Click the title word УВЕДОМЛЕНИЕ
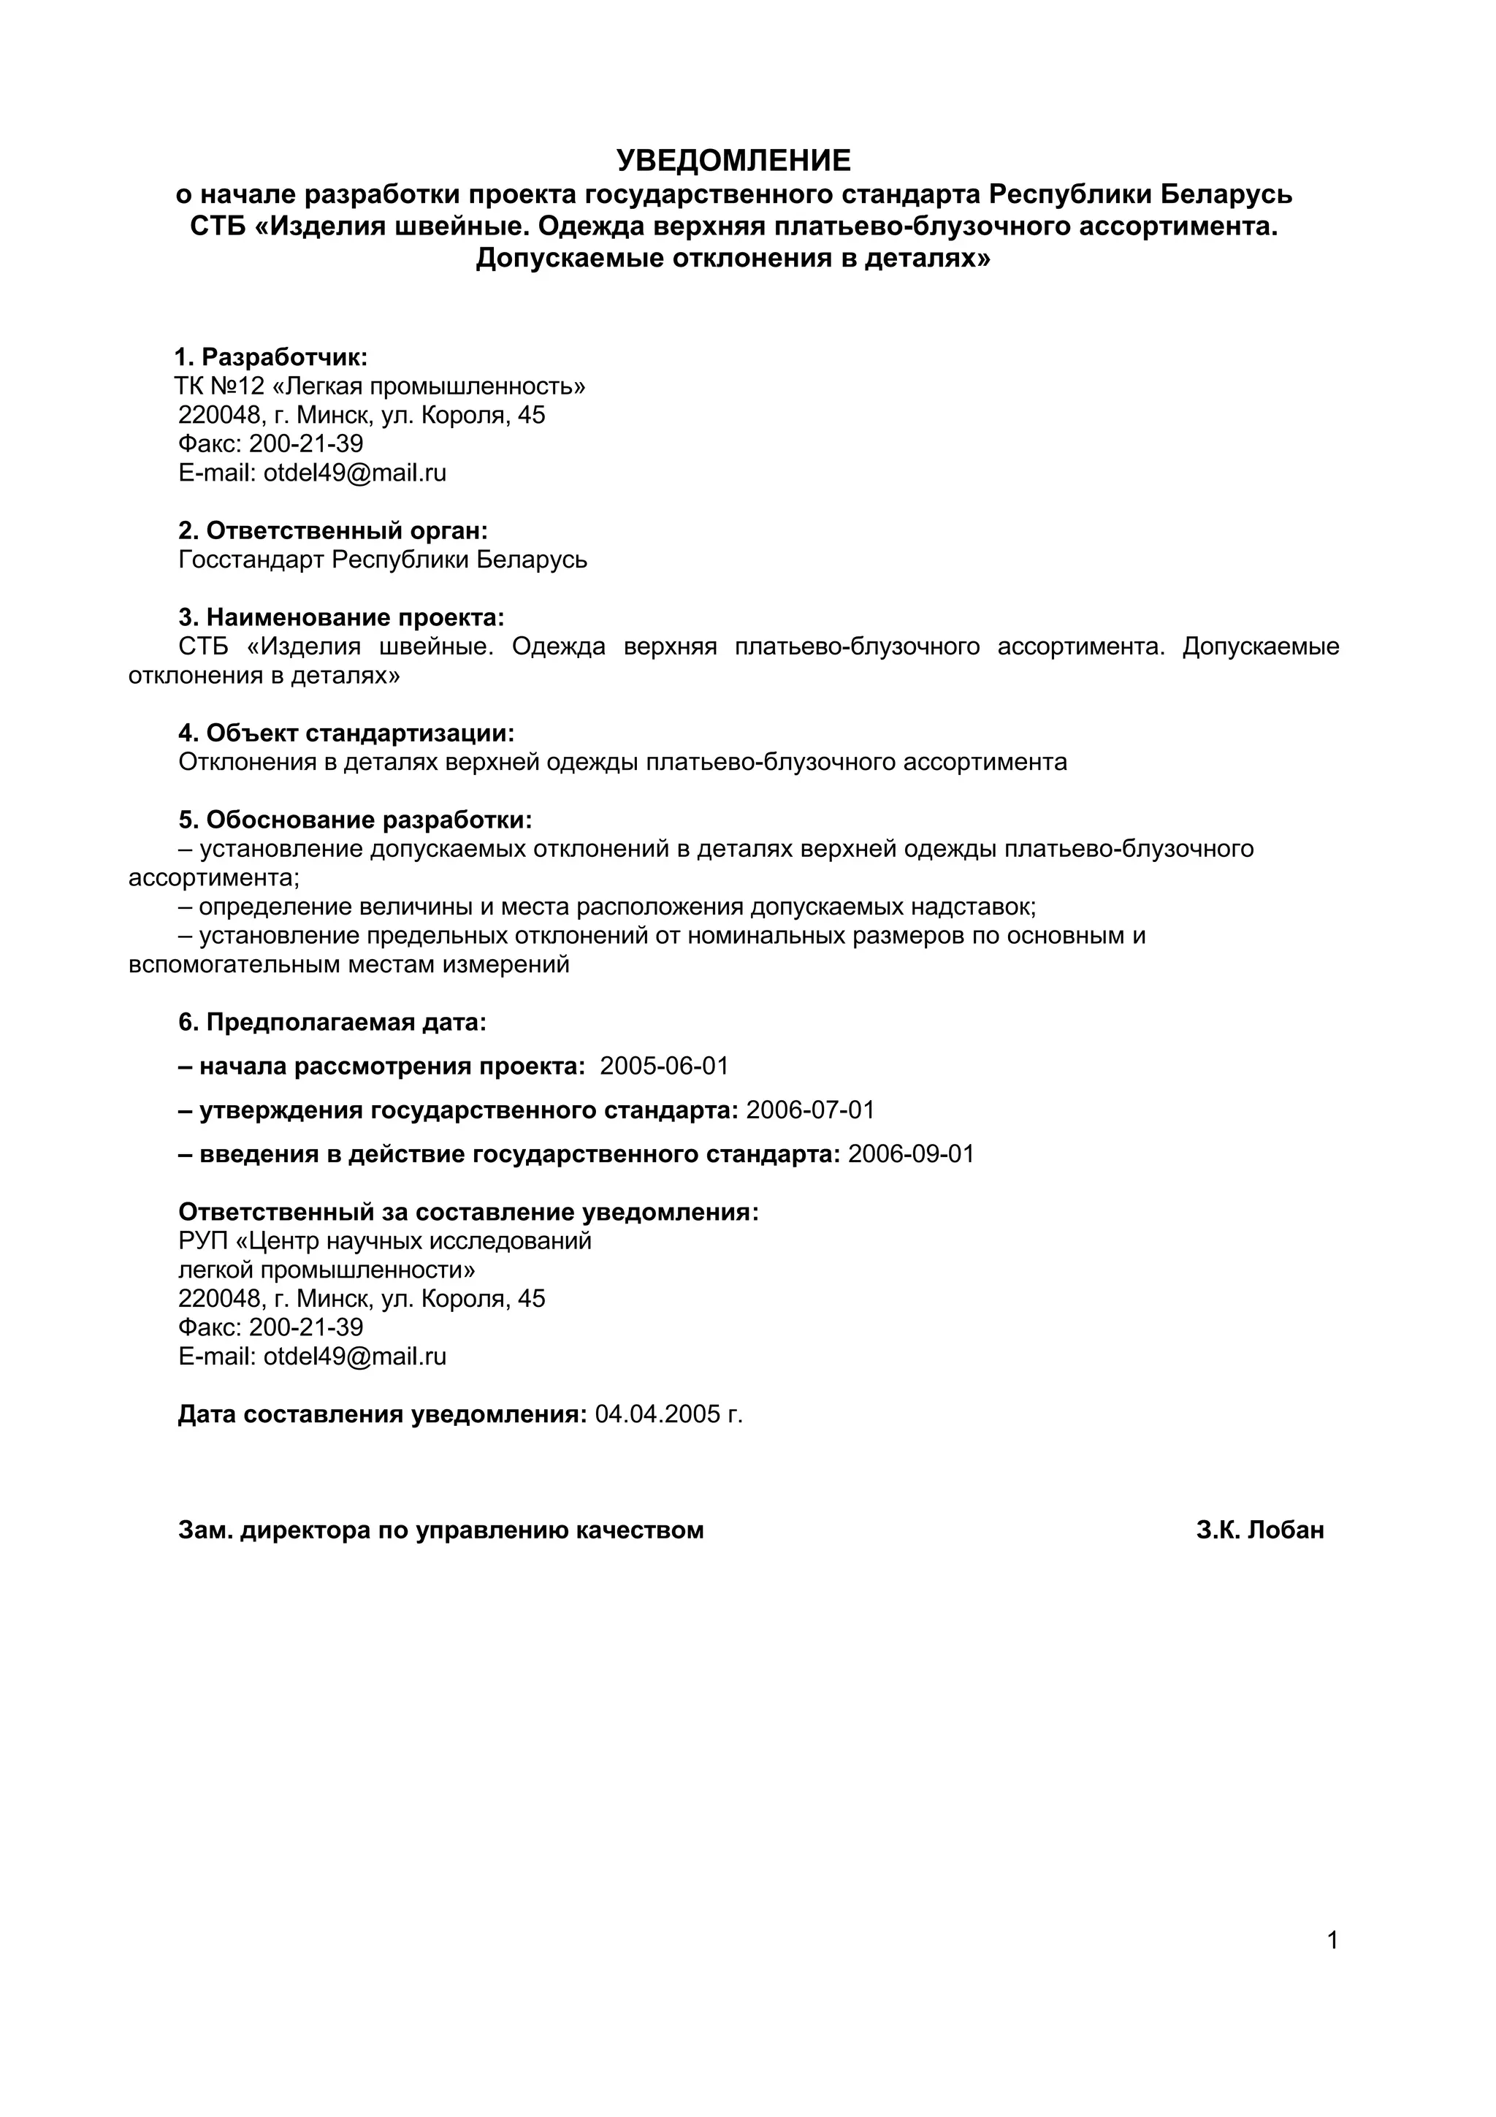733,161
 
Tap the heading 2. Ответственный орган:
333,531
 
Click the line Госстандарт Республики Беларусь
383,560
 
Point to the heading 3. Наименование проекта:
341,618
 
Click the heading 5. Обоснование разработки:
355,820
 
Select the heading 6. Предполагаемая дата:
332,1023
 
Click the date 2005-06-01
664,1067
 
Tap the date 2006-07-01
809,1110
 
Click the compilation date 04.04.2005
657,1414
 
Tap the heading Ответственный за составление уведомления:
468,1213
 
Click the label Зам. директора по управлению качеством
440,1530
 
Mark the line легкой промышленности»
327,1270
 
